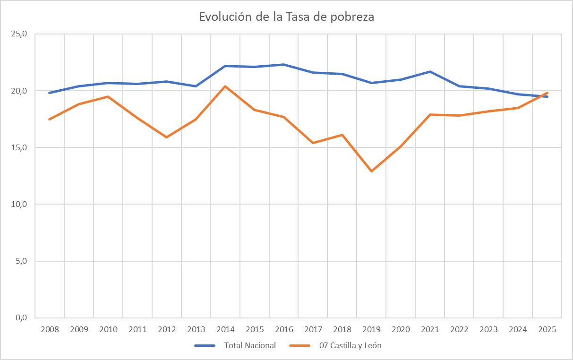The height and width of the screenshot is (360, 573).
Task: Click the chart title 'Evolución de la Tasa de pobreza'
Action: click(x=286, y=17)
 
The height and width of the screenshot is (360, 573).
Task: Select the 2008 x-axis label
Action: click(x=50, y=329)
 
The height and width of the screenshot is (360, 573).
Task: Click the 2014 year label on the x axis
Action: click(x=225, y=329)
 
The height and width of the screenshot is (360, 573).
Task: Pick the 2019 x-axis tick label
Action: click(x=372, y=329)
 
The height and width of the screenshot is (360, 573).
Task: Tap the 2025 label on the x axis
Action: click(x=547, y=329)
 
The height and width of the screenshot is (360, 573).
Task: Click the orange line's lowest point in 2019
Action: click(x=372, y=171)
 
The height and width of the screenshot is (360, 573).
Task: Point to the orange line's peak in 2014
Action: click(x=225, y=86)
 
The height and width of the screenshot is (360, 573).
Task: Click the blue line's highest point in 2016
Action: click(x=284, y=64)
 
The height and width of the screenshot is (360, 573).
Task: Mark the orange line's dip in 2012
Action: click(x=167, y=137)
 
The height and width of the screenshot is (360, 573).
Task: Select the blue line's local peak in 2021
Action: click(x=430, y=71)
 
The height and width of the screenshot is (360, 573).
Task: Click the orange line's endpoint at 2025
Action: click(x=547, y=93)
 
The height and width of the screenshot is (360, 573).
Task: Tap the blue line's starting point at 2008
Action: click(x=50, y=93)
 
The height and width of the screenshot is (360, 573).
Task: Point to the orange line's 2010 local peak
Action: click(x=108, y=96)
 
